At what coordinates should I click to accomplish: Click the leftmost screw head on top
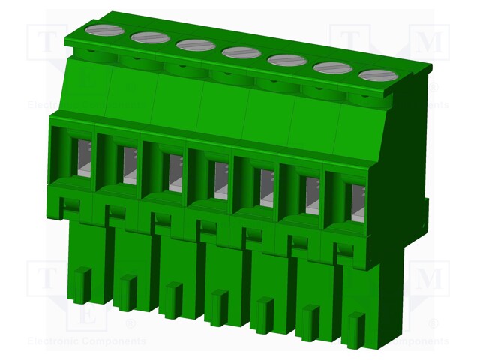click(x=104, y=31)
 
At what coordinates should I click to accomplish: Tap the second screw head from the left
click(x=150, y=37)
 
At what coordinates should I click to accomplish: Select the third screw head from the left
click(x=196, y=45)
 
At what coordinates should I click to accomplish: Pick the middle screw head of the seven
click(x=241, y=52)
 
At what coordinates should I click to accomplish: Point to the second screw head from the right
click(x=332, y=67)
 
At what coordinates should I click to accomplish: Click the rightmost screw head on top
click(x=378, y=75)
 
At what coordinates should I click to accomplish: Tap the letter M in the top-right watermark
click(x=430, y=43)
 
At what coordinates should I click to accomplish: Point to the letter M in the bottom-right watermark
click(x=430, y=279)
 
